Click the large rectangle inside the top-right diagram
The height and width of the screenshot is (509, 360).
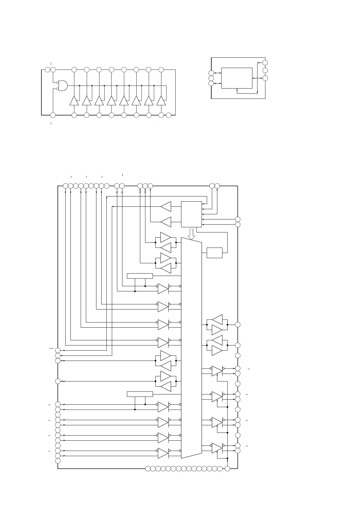point(237,78)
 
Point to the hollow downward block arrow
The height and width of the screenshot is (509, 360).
point(191,233)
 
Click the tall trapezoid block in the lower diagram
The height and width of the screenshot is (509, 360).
point(191,348)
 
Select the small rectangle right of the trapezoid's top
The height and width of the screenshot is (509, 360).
point(214,253)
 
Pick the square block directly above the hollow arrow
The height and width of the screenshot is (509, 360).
point(191,214)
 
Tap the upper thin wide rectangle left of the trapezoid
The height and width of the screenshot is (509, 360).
point(140,276)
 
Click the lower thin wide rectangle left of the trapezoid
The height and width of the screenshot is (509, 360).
point(140,394)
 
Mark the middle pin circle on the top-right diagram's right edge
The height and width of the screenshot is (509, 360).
point(265,70)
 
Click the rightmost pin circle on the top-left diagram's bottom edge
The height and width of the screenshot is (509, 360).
point(169,115)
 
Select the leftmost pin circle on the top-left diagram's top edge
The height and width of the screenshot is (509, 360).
point(47,70)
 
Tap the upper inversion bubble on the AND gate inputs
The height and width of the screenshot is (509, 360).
point(57,82)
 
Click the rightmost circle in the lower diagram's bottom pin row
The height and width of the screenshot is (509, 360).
point(228,468)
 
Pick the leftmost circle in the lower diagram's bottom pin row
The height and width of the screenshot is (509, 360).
point(148,468)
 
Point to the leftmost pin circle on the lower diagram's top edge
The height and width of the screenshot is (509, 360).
point(65,186)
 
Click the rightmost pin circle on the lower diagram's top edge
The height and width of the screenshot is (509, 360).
point(217,186)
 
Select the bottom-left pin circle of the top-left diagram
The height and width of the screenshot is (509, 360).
point(53,115)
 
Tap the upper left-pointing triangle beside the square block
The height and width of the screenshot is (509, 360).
point(166,207)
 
